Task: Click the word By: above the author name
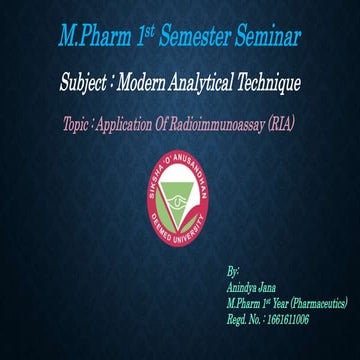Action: (x=233, y=271)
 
